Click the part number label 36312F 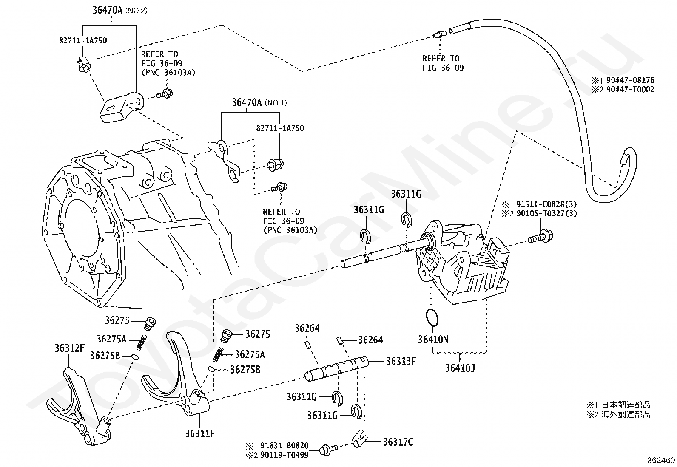point(69,348)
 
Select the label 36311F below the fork point(200,434)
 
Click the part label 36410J point(460,368)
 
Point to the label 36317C point(398,442)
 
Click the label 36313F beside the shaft point(401,361)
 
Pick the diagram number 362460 point(661,460)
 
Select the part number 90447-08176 point(630,80)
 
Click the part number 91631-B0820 point(284,446)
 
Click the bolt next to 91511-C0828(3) point(540,237)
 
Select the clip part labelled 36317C point(360,439)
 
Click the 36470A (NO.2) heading point(119,10)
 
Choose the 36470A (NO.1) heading point(259,102)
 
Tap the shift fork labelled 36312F point(79,406)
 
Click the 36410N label point(433,340)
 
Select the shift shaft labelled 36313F point(336,369)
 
